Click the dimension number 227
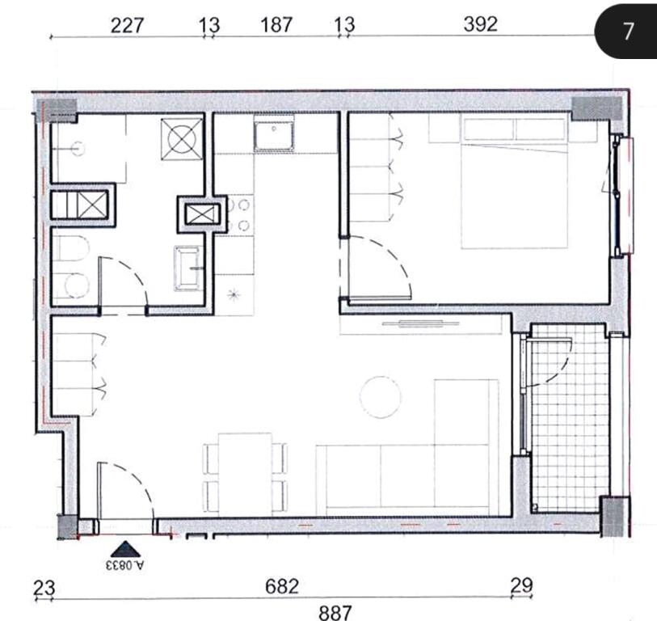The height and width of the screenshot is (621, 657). coord(127,26)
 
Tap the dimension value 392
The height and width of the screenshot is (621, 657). coord(481,24)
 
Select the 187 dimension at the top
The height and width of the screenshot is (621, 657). coord(276,25)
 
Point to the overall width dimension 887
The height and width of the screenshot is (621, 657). coord(335,613)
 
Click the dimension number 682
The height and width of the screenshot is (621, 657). coord(282,586)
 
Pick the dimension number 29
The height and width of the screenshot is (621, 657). coord(522,585)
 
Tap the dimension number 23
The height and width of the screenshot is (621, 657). coord(44,588)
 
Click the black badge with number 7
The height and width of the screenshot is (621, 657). coord(626,31)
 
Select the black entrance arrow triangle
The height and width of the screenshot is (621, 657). coord(125,549)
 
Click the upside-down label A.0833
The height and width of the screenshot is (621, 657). coord(125,565)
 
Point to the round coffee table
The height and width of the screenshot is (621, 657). coord(381,397)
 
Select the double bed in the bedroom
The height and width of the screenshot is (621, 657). coord(515,184)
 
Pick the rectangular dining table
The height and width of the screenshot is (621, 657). coord(245,473)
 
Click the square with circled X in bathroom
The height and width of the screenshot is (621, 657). coord(182,139)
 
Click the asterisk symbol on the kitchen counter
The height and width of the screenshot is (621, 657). coord(234,294)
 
